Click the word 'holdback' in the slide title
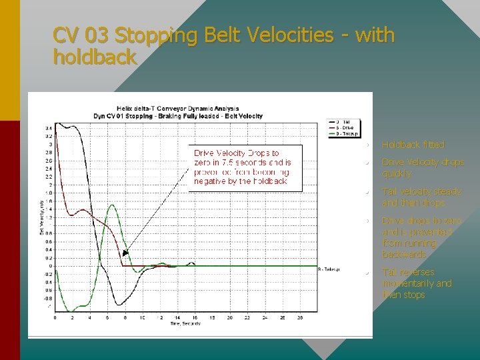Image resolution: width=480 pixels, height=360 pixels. [95, 57]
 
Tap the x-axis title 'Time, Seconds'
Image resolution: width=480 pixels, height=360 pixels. [177, 323]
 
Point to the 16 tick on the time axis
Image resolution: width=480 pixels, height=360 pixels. [195, 317]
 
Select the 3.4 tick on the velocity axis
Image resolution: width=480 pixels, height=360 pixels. [49, 128]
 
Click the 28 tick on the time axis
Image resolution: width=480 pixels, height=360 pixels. [299, 317]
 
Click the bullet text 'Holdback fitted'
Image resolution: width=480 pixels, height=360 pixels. [413, 145]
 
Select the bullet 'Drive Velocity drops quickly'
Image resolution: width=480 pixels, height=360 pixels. [422, 168]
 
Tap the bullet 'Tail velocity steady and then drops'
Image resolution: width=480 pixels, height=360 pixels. [421, 197]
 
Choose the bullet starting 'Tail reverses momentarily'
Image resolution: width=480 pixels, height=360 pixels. [416, 283]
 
